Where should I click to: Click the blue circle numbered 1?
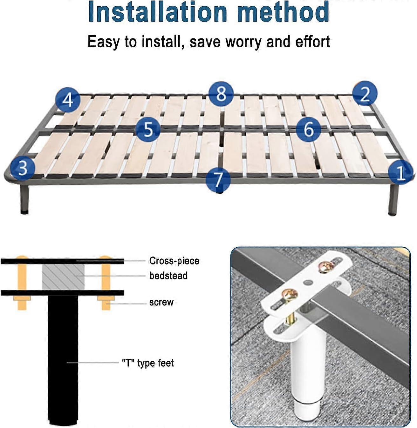point(400,172)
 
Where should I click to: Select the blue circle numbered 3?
point(23,167)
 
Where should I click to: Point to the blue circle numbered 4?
point(68,100)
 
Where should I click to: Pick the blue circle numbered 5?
point(148,130)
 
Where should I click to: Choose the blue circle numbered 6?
point(308,129)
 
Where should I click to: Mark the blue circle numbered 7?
point(218,180)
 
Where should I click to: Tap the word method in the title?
point(283,12)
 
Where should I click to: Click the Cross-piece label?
point(174,261)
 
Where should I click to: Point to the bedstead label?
point(168,276)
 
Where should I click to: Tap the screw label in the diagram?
point(161,302)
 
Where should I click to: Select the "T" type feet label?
point(148,363)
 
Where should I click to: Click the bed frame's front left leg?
point(24,200)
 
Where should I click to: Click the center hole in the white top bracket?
point(307,282)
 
